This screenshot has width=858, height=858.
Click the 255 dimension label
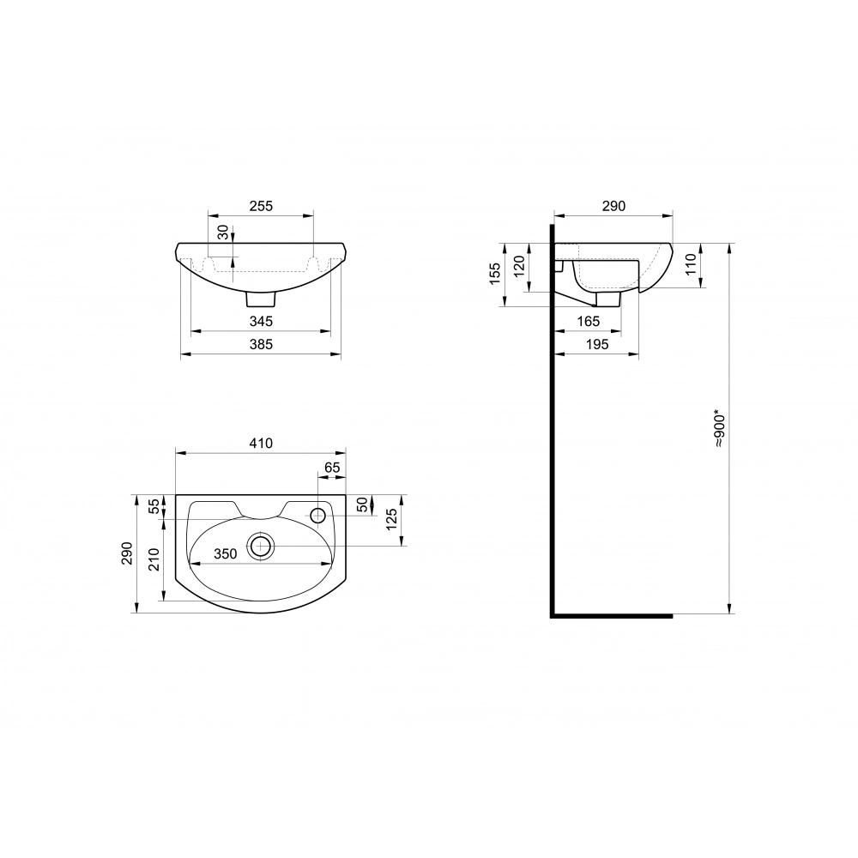pos(261,206)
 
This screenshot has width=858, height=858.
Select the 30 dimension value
pos(223,233)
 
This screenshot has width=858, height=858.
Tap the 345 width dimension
pos(261,321)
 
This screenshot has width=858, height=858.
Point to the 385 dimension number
pos(261,344)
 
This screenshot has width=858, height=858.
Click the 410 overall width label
pos(261,443)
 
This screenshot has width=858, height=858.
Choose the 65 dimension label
pos(332,468)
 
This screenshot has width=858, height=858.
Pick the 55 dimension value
pos(154,505)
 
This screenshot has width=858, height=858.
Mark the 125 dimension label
pos(392,520)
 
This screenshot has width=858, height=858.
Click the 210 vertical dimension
pos(154,559)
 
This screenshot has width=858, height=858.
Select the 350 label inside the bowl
pos(226,553)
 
